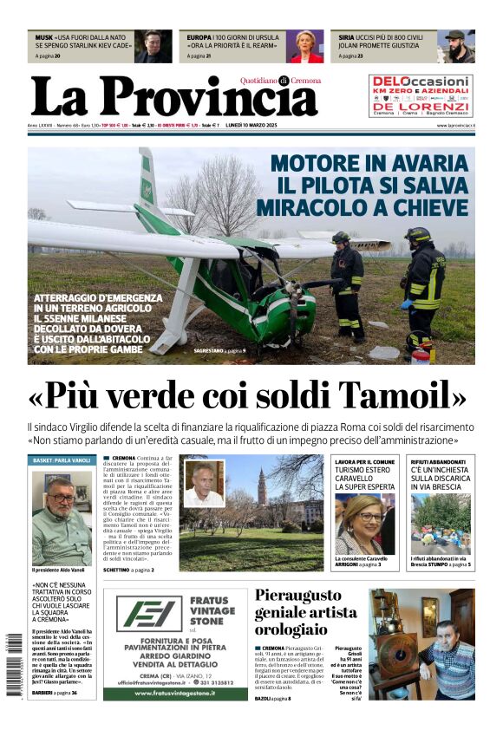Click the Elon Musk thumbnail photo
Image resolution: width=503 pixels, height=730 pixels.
click(153, 46)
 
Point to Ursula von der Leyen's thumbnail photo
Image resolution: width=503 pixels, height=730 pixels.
click(304, 46)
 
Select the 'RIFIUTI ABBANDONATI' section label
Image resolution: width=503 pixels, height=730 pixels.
click(437, 462)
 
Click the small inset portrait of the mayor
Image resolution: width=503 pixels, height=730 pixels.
click(204, 484)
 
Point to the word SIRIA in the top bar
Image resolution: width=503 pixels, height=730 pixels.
click(346, 38)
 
